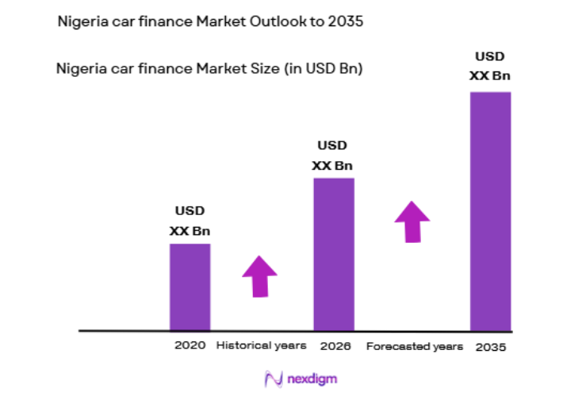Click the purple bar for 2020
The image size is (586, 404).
[x=190, y=286]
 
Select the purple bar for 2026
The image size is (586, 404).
[x=333, y=253]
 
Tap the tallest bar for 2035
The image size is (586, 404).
[x=490, y=210]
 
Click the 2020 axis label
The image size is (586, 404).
[x=190, y=346]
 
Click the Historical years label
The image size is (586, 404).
[x=261, y=346]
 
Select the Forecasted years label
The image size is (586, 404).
[x=414, y=347]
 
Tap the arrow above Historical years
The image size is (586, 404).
[x=259, y=276]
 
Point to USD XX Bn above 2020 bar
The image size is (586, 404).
[x=190, y=221]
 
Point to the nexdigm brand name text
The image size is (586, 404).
[x=312, y=379]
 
